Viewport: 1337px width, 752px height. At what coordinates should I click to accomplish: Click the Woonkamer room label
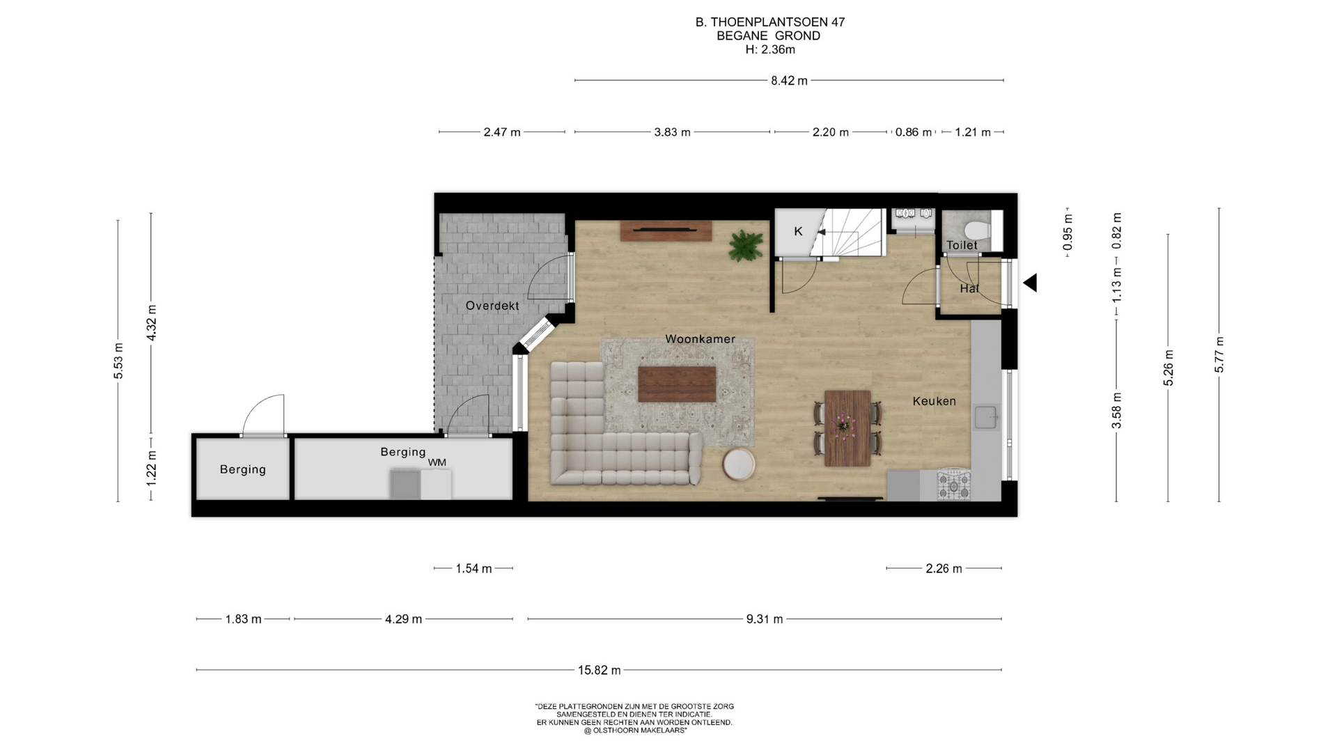click(700, 339)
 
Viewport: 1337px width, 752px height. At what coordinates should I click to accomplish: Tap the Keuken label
click(934, 401)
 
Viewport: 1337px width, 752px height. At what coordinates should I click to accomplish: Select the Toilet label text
click(962, 245)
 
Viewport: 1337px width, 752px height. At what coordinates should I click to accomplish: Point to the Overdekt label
click(492, 306)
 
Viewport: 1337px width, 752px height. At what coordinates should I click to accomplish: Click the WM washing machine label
click(437, 462)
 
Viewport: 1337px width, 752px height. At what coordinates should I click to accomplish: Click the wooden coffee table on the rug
click(677, 384)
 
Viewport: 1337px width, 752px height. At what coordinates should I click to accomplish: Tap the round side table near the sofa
click(738, 464)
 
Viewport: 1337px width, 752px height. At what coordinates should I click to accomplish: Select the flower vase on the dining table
click(844, 423)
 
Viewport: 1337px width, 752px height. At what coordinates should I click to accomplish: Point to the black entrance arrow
click(1030, 283)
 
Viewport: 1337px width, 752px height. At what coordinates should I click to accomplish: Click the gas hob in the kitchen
click(953, 485)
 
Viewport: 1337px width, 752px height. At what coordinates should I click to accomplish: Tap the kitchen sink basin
click(986, 418)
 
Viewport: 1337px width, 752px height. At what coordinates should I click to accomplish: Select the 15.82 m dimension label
click(599, 670)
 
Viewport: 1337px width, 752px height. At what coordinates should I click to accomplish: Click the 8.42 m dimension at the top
click(789, 81)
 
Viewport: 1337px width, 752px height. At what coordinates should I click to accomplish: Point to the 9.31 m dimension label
click(765, 619)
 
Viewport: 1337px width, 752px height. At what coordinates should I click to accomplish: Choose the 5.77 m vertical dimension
click(1219, 354)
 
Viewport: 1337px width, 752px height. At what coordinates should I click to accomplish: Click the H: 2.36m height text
click(770, 49)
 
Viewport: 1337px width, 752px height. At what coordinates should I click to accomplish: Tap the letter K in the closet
click(798, 231)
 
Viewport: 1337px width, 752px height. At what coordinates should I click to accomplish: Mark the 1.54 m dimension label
click(474, 569)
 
